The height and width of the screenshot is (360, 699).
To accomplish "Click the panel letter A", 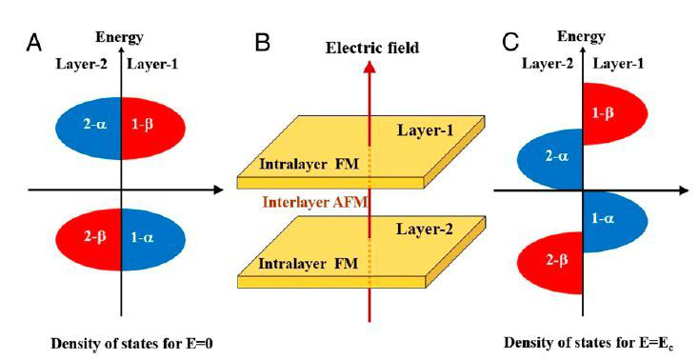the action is pyautogui.click(x=34, y=43).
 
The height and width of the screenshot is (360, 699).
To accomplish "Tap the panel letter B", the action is pyautogui.click(x=263, y=43).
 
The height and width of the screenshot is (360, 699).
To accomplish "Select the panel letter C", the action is pyautogui.click(x=510, y=43).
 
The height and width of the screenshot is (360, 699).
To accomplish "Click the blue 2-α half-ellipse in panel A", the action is pyautogui.click(x=89, y=129).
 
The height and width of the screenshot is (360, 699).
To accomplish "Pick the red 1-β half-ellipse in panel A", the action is pyautogui.click(x=153, y=129).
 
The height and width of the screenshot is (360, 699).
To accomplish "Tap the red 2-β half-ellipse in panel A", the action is pyautogui.click(x=89, y=239).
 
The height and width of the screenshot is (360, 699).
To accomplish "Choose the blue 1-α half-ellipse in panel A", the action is pyautogui.click(x=153, y=239).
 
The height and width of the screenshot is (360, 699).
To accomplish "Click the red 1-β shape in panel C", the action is pyautogui.click(x=614, y=113).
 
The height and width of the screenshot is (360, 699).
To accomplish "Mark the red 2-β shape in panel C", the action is pyautogui.click(x=550, y=263).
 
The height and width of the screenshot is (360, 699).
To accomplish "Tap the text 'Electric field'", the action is pyautogui.click(x=372, y=48).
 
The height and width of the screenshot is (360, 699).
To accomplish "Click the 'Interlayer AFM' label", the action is pyautogui.click(x=315, y=202).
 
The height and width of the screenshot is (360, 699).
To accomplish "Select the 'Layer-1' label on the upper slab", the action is pyautogui.click(x=425, y=130).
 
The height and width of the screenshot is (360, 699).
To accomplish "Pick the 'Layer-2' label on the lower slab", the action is pyautogui.click(x=425, y=230).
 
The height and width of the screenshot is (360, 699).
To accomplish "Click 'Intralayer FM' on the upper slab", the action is pyautogui.click(x=309, y=164).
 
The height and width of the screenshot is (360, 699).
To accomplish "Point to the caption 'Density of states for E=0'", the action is pyautogui.click(x=132, y=344).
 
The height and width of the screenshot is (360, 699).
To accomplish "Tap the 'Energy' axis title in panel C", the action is pyautogui.click(x=581, y=37).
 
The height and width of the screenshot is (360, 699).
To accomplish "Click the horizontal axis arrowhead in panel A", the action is pyautogui.click(x=218, y=190).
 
